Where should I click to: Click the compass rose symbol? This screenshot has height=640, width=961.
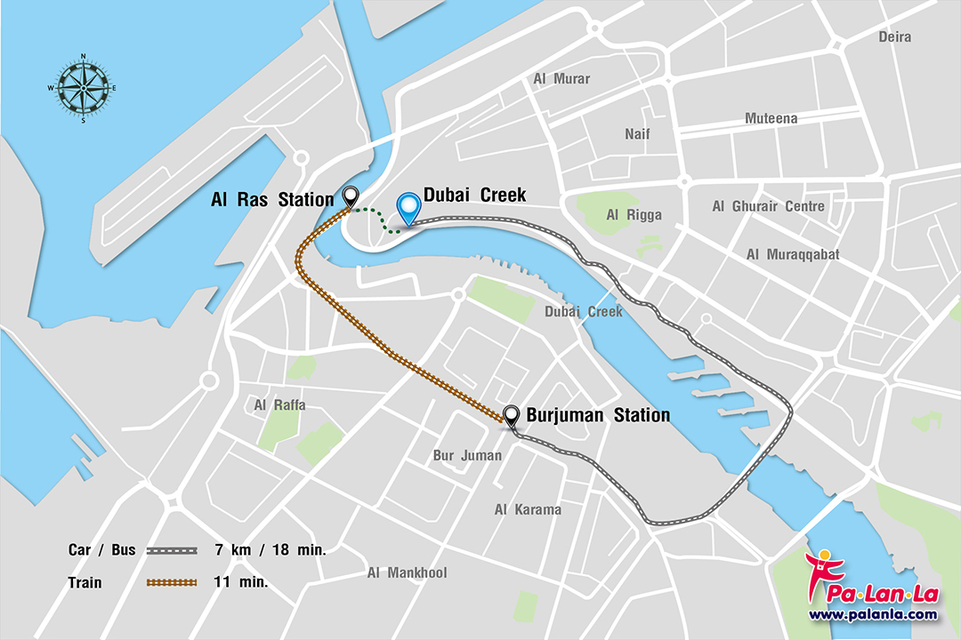[83, 87]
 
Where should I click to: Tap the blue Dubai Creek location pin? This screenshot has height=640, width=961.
[408, 209]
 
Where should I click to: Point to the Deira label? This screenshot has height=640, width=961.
[895, 36]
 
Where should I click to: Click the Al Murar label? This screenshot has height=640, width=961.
[561, 79]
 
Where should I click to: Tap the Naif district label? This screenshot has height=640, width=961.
[637, 133]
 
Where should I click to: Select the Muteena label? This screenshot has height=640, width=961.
[771, 118]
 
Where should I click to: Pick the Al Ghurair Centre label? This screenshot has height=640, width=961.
[768, 206]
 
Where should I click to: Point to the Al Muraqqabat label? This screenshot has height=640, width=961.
[792, 255]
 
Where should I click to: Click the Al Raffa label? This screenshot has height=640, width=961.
[279, 405]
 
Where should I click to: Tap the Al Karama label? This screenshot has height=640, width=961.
[528, 509]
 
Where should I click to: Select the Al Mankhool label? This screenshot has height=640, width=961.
[407, 573]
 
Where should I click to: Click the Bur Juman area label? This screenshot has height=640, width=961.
[467, 456]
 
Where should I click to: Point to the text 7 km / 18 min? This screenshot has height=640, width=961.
[271, 550]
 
